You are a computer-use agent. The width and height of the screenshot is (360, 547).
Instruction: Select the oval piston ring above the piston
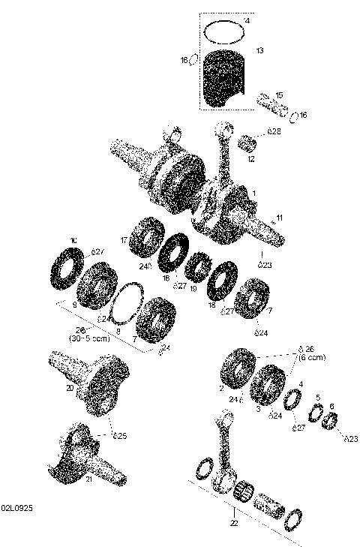(x=226, y=32)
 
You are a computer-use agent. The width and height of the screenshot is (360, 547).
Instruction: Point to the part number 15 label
(x=279, y=95)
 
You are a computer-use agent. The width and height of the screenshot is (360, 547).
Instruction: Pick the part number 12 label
(x=252, y=159)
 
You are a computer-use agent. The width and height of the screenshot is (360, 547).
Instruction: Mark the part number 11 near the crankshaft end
(x=279, y=218)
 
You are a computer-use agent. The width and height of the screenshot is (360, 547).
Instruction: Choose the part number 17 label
(x=124, y=240)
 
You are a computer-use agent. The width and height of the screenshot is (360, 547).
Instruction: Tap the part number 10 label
(x=73, y=240)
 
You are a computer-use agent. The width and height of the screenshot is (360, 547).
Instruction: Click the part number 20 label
(x=70, y=389)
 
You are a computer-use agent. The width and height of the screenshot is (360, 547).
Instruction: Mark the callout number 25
(x=120, y=435)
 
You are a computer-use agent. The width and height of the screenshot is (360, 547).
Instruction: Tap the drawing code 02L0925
(x=16, y=508)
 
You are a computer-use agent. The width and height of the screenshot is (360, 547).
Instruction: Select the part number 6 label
(x=331, y=405)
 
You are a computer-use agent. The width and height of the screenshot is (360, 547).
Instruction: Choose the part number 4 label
(x=301, y=383)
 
